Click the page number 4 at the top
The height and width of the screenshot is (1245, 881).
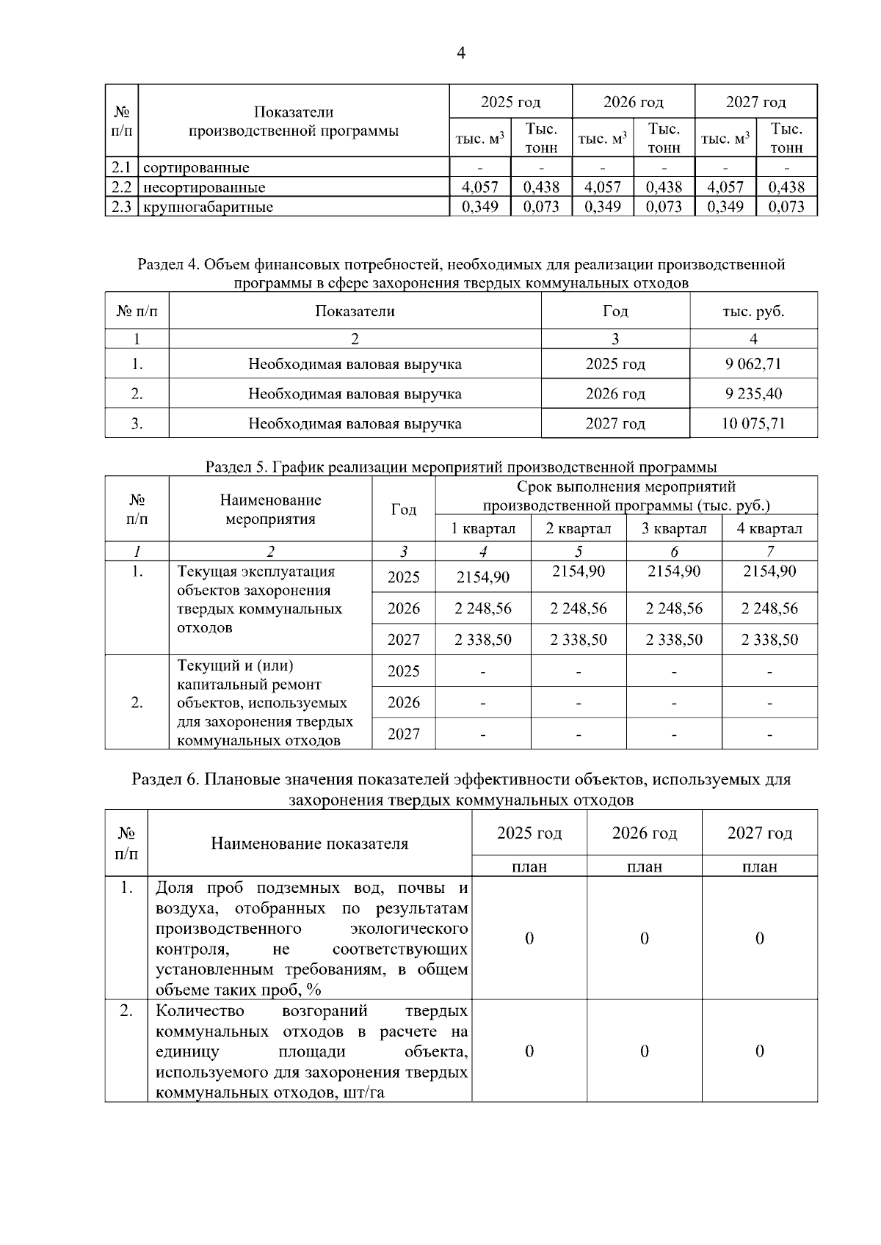(460, 53)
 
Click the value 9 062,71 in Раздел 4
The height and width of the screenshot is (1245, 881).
(753, 364)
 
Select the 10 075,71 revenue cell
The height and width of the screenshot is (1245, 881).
(753, 423)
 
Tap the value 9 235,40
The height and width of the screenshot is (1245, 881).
(753, 394)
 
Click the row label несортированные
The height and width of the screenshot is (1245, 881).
(204, 187)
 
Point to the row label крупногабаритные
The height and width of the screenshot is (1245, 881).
(208, 207)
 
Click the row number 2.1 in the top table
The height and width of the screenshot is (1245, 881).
(121, 167)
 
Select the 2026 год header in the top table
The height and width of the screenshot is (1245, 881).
(633, 102)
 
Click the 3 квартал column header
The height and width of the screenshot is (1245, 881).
(674, 528)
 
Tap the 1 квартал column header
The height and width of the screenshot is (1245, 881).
(483, 528)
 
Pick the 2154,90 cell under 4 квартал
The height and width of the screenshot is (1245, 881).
(769, 571)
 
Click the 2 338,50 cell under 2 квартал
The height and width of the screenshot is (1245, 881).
(579, 640)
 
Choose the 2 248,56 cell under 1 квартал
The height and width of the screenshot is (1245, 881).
(483, 608)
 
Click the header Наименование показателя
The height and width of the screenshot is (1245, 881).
(309, 843)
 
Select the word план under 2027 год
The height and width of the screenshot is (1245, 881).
(759, 866)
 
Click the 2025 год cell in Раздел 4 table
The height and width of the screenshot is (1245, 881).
(615, 364)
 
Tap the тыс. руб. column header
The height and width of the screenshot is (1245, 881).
(753, 311)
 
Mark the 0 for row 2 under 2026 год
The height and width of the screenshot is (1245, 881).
(644, 1051)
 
